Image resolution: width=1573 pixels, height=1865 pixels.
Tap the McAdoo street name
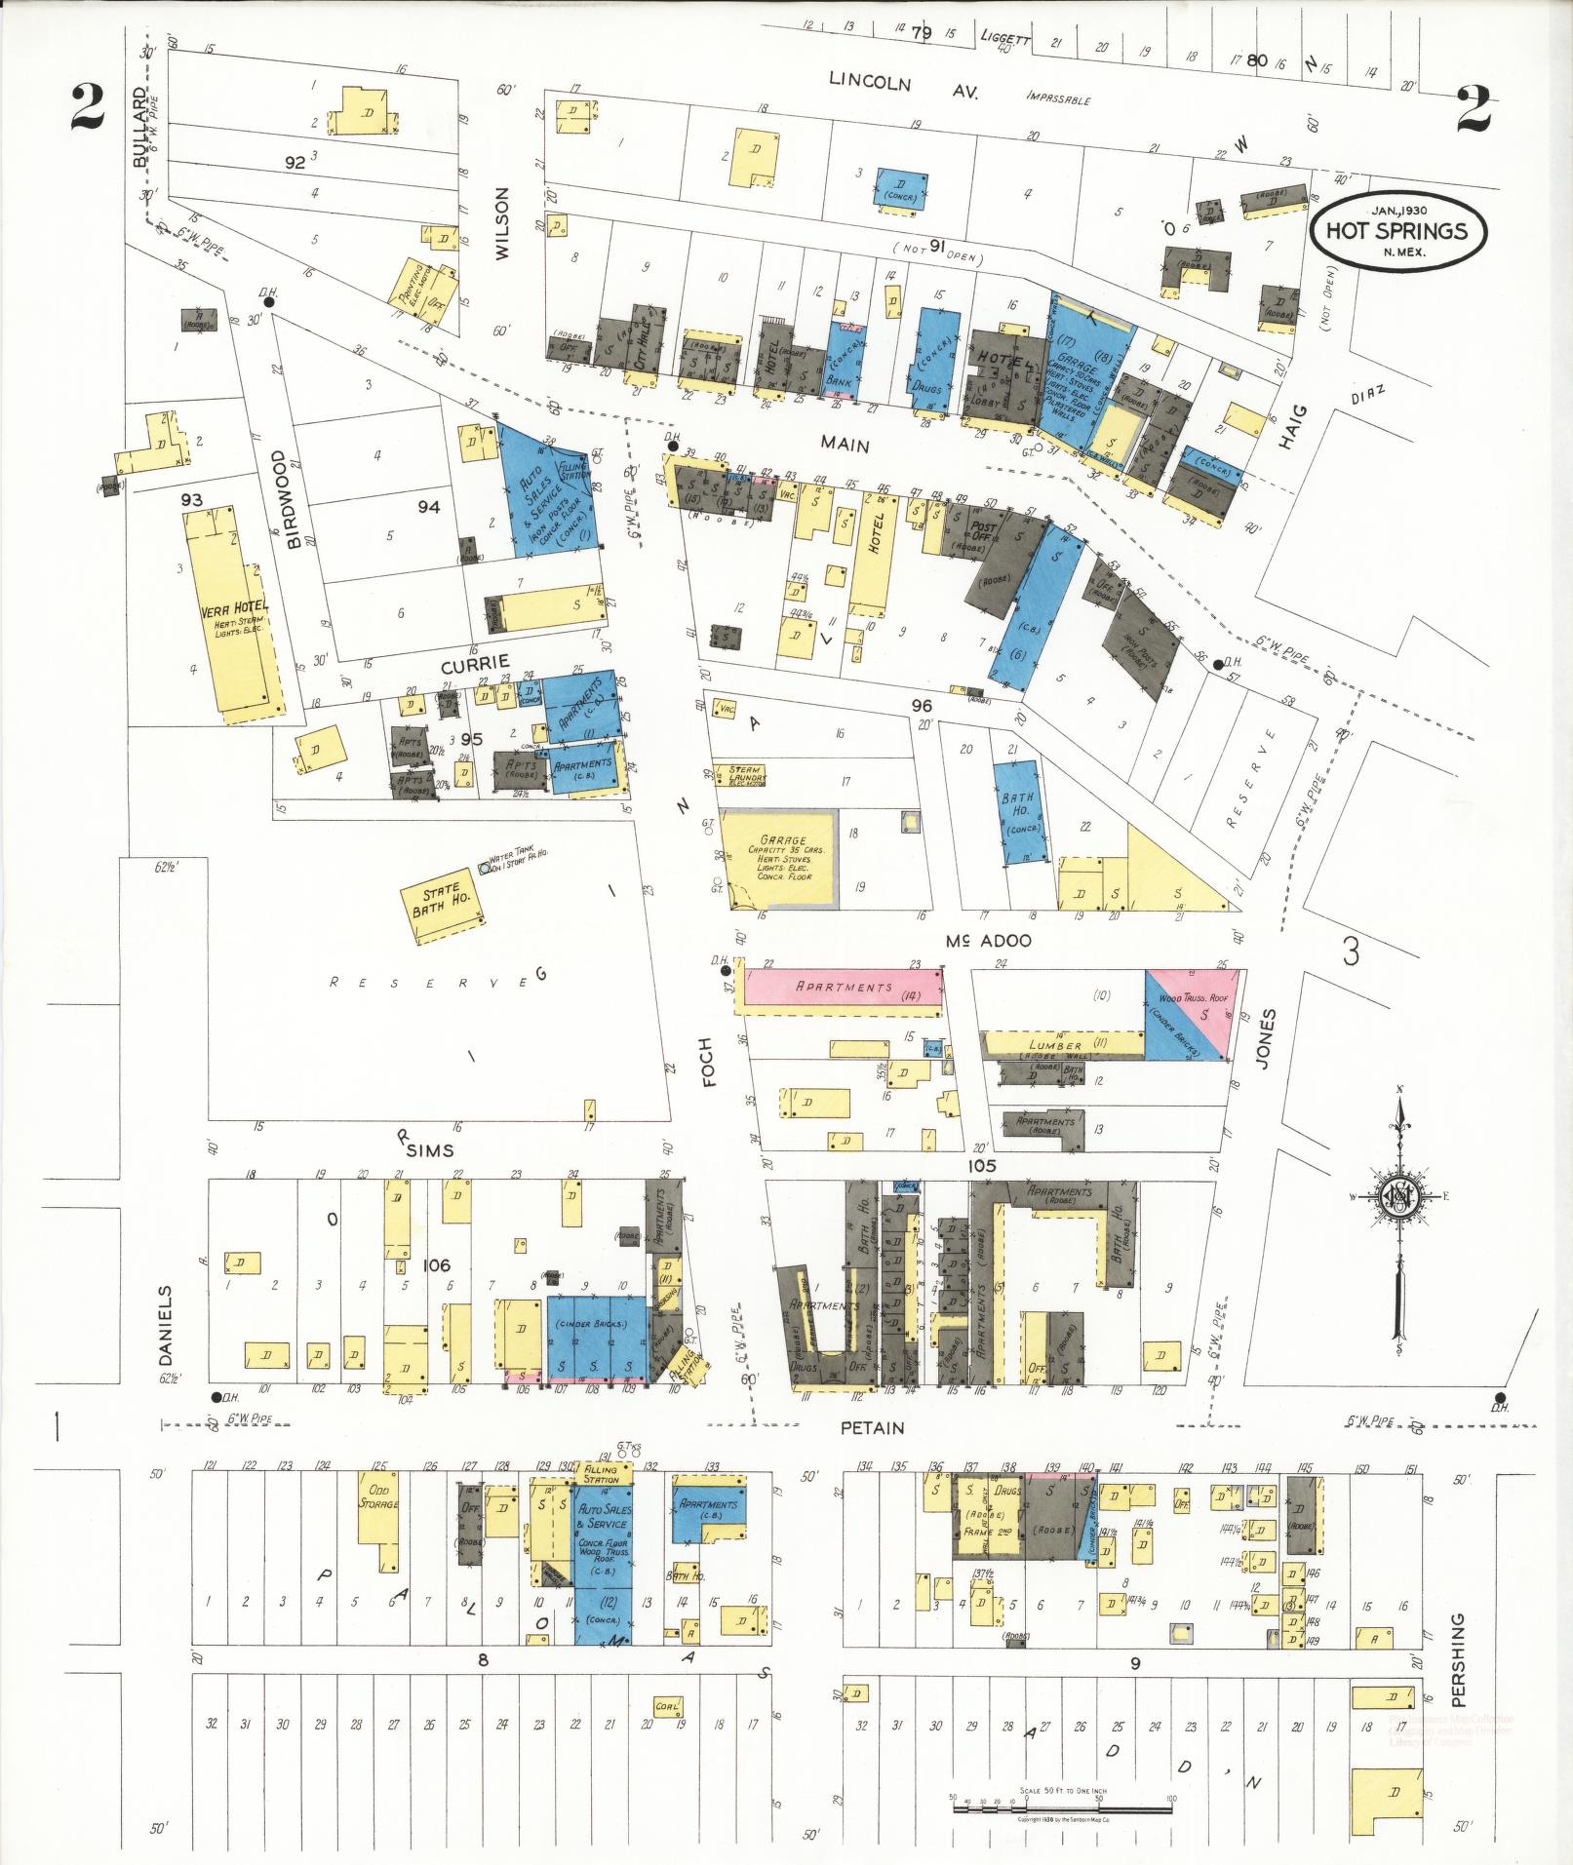pos(988,941)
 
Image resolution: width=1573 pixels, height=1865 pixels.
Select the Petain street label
pos(873,1428)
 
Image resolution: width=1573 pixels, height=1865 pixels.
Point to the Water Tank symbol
pos(485,865)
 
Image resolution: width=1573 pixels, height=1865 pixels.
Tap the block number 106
pos(436,1265)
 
